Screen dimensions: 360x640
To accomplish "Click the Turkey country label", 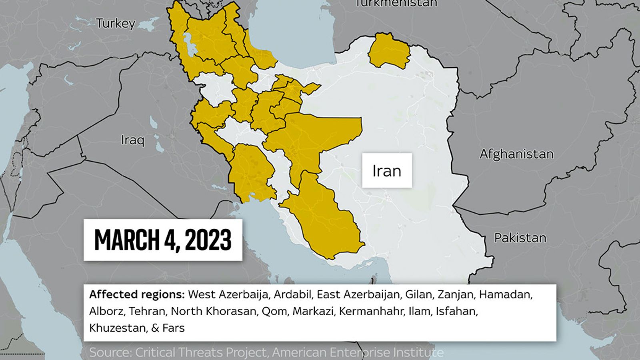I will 116,24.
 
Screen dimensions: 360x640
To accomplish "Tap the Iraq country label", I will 132,140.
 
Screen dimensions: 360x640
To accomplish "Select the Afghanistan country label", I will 516,154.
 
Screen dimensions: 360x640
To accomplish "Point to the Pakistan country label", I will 520,238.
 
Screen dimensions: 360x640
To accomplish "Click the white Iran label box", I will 387,171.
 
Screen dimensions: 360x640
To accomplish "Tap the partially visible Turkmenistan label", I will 396,4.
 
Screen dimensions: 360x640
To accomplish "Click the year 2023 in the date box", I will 208,240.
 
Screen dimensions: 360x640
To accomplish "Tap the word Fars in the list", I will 173,328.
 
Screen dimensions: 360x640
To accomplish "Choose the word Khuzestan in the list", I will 117,328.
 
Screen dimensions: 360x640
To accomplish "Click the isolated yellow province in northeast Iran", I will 389,51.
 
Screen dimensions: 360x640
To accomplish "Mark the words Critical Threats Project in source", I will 200,352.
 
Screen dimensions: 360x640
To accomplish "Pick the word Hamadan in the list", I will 505,295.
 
